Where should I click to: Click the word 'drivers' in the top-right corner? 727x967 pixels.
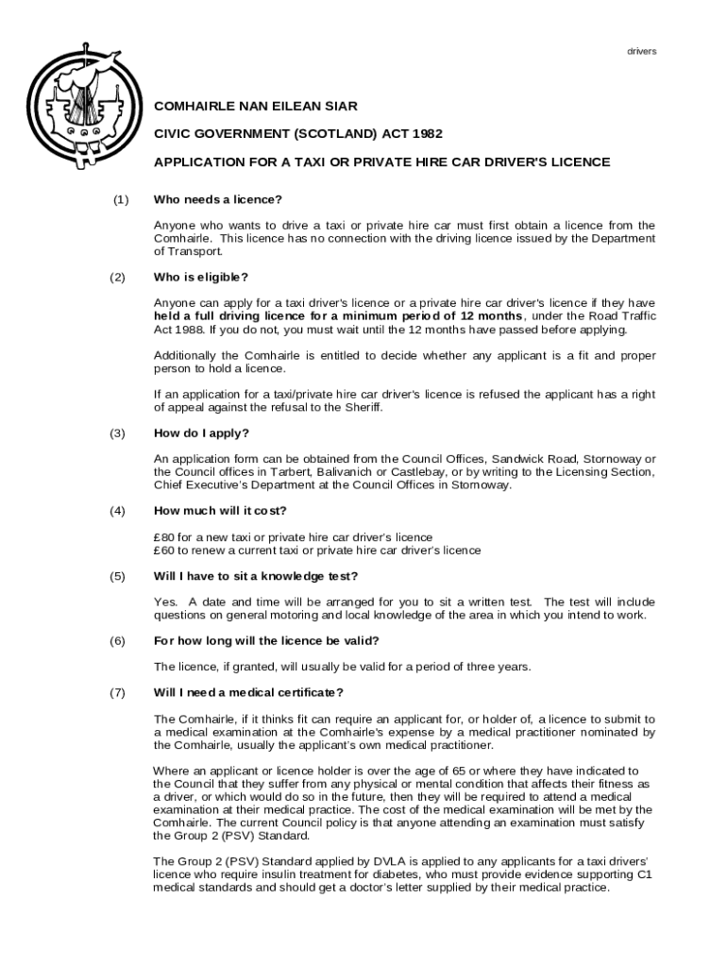(x=642, y=51)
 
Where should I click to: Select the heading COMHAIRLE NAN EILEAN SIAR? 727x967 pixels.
(x=256, y=107)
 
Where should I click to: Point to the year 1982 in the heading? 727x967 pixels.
(x=426, y=134)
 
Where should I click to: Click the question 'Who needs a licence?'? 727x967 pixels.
(x=218, y=199)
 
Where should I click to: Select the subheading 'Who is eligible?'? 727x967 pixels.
(x=201, y=277)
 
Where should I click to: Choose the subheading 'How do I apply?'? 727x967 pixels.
(x=201, y=433)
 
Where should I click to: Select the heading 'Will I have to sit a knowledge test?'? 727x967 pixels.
(x=256, y=576)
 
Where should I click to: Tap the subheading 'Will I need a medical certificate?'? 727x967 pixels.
(x=248, y=692)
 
